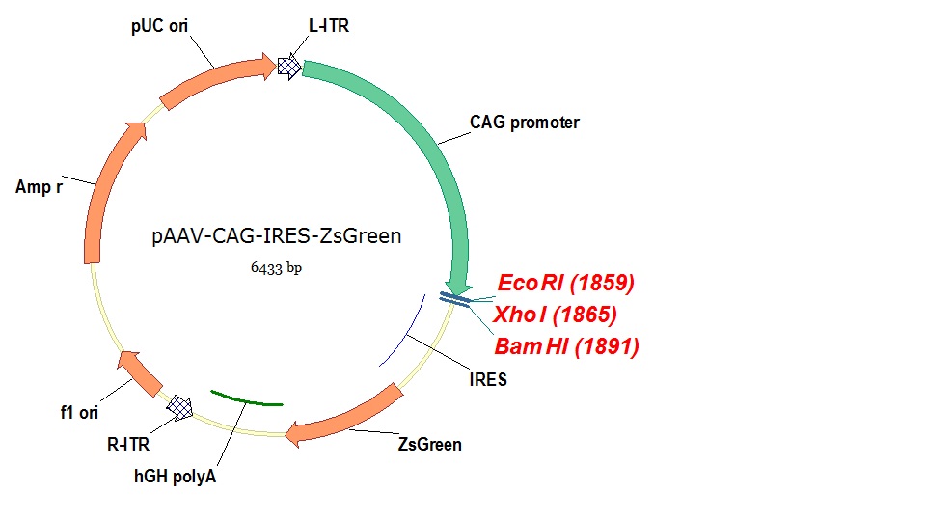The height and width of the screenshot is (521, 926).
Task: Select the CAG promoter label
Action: tap(525, 123)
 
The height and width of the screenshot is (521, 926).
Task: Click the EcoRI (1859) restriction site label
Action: tap(565, 283)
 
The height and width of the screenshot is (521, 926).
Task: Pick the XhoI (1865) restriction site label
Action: tap(555, 315)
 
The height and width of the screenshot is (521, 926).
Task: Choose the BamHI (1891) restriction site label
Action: tap(566, 346)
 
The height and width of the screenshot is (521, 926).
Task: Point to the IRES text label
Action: tap(489, 379)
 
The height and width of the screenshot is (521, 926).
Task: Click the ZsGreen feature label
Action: tap(430, 445)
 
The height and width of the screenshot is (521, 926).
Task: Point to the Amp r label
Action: tap(40, 186)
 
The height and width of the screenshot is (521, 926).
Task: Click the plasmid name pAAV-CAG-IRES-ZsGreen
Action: tap(276, 235)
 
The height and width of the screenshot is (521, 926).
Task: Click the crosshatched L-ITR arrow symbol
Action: tap(288, 66)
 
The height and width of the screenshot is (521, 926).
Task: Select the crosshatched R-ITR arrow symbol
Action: tap(180, 406)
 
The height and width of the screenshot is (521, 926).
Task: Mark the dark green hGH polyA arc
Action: tap(246, 398)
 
